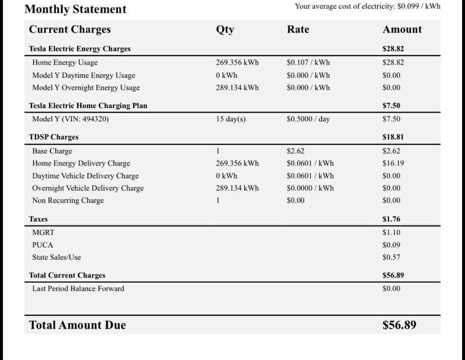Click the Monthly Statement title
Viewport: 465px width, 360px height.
[x=75, y=9]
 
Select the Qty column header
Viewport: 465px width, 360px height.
[x=225, y=30]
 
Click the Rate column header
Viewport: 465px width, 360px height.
[x=298, y=30]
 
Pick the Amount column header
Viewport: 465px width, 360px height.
[x=402, y=30]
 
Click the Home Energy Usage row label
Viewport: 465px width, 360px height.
[x=65, y=62]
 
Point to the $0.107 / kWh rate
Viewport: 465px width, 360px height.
[x=308, y=62]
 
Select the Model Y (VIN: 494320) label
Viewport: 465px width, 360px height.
[x=70, y=119]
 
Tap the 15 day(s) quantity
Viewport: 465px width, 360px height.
[x=230, y=119]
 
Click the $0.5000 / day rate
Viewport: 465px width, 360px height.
[x=308, y=119]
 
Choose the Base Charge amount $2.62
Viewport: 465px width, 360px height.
[x=391, y=151]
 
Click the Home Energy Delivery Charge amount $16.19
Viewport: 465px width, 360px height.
[x=393, y=163]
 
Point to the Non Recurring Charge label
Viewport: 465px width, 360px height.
[x=68, y=200]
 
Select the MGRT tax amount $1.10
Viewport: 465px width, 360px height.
[x=391, y=232]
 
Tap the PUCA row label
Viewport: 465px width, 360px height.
[x=42, y=244]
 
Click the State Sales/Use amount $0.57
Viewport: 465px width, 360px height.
[x=391, y=257]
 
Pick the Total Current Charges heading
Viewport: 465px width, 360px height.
[x=67, y=275]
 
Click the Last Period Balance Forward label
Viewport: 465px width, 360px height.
[x=78, y=289]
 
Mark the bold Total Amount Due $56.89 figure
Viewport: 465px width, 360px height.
[x=399, y=325]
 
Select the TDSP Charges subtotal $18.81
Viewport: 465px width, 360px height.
[x=393, y=137]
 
